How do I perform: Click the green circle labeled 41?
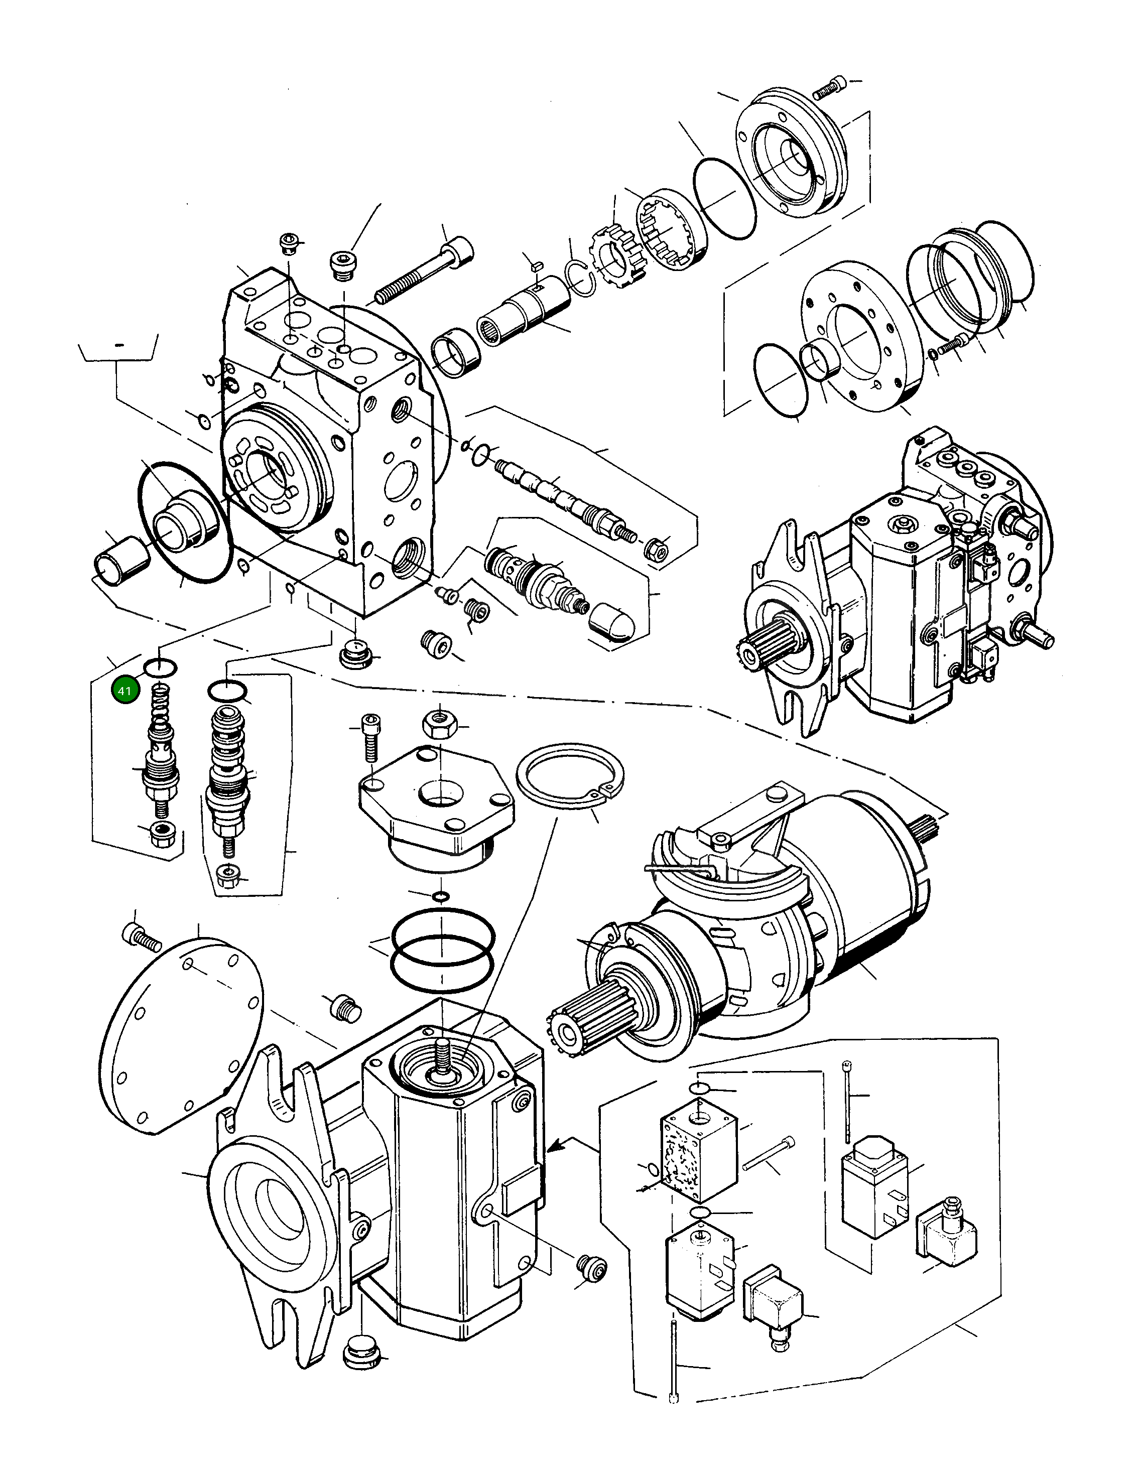(x=124, y=691)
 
